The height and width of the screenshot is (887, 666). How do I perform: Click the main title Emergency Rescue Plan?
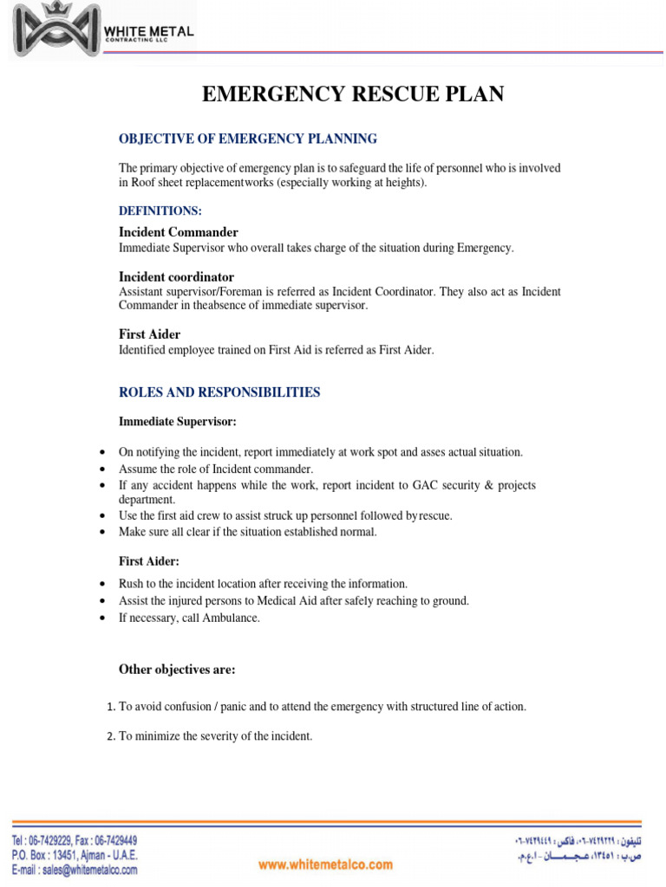353,94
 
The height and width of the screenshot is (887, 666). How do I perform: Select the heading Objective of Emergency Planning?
248,139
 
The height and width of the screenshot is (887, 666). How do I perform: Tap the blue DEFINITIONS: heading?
160,210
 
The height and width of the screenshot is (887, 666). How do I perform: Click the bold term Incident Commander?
179,232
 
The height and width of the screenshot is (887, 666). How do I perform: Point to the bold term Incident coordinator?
177,277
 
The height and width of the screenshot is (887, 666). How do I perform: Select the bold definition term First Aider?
150,334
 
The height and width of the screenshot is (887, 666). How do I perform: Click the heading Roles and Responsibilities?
219,392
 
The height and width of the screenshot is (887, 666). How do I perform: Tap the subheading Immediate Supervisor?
178,422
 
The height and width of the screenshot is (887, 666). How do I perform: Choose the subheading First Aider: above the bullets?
149,561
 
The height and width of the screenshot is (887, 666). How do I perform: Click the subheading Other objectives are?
177,670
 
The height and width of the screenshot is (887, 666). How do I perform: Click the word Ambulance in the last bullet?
230,618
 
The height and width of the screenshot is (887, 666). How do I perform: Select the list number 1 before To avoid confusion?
111,707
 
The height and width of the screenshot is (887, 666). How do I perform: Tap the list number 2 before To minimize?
111,737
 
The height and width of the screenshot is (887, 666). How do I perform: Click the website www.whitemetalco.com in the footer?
325,864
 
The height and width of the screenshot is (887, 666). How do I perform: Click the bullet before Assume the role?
103,469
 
